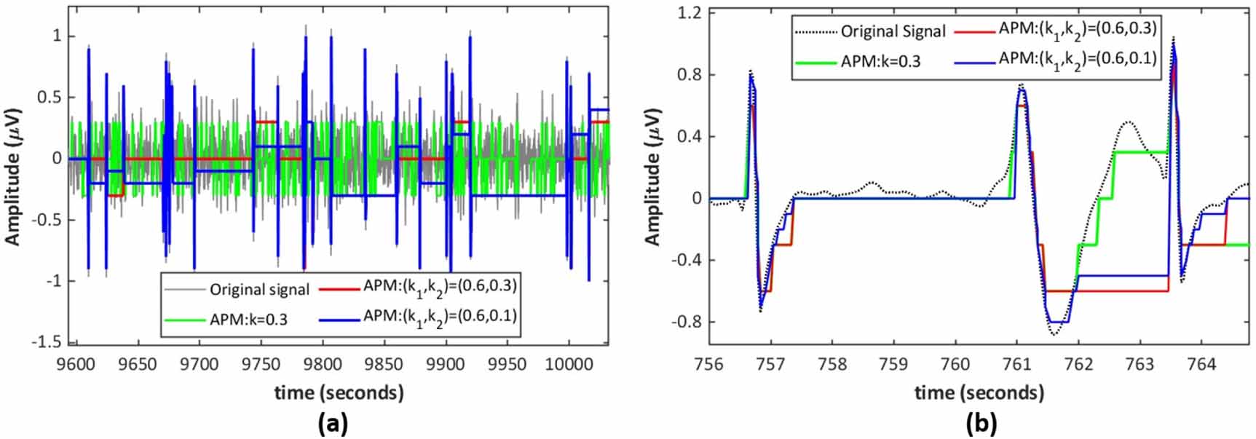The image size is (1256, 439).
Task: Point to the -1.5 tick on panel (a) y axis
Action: point(50,342)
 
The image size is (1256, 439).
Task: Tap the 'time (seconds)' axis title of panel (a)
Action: point(339,393)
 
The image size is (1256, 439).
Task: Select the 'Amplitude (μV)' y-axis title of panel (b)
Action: point(652,177)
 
